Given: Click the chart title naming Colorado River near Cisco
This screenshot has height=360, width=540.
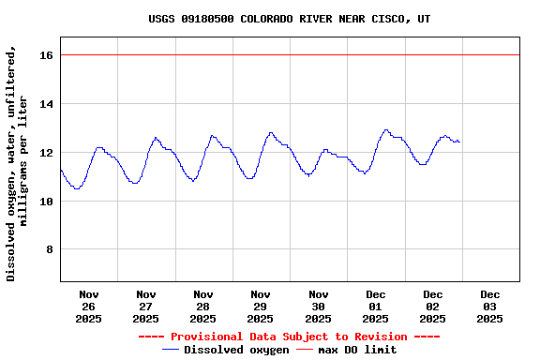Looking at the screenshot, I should point(289,19).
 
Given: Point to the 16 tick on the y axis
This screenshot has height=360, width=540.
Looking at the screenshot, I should point(47,55).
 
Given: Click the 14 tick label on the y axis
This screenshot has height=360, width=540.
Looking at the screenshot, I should point(47,104).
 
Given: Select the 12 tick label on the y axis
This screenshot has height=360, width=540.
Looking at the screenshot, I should point(47,153).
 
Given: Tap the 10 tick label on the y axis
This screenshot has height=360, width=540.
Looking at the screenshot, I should point(47,202).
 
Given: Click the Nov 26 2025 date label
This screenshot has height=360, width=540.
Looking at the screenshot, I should point(88,307).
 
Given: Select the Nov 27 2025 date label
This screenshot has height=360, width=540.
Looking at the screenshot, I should point(145,307).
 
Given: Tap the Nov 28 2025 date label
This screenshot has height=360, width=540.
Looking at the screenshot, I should point(202,307).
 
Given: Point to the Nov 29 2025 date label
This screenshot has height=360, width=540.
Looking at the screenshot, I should point(261,307).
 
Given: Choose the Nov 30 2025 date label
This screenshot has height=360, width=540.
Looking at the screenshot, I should point(318,307).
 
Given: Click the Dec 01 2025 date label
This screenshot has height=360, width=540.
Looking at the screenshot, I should point(375,307).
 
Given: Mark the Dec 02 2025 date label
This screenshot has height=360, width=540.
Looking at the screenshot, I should point(433,307).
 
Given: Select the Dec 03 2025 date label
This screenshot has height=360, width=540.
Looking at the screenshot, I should point(489,307).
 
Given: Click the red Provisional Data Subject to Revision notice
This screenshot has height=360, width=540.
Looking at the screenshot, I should point(289,337).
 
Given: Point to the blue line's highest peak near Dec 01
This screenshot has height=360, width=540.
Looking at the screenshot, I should point(385,129).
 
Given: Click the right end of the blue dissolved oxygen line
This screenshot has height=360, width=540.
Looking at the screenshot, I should point(459,142).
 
